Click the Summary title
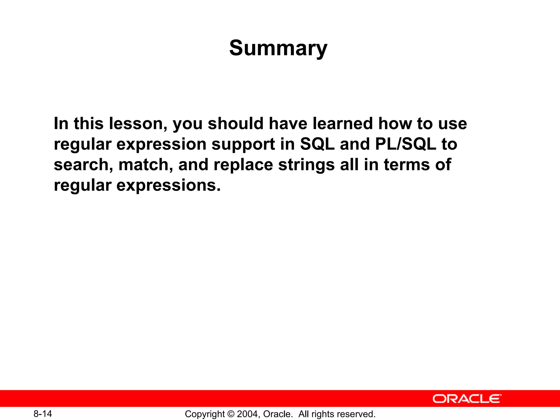pyautogui.click(x=278, y=48)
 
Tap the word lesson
pyautogui.click(x=138, y=124)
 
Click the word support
pyautogui.click(x=243, y=144)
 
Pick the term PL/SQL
pyautogui.click(x=406, y=144)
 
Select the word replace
pyautogui.click(x=243, y=165)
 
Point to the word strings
pyautogui.click(x=306, y=165)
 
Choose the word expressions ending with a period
pyautogui.click(x=168, y=186)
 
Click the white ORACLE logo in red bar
pyautogui.click(x=467, y=399)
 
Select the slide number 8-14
pyautogui.click(x=43, y=414)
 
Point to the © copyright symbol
pyautogui.click(x=231, y=414)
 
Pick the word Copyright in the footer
pyautogui.click(x=205, y=414)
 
